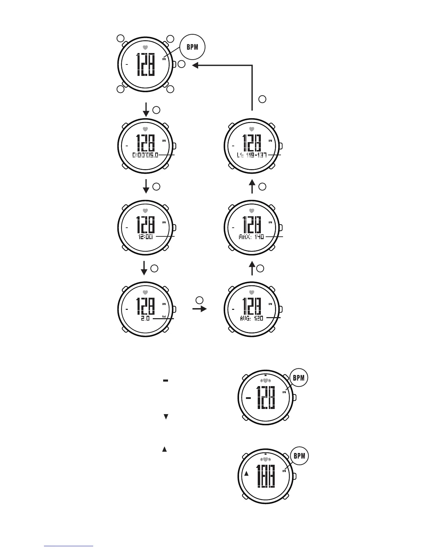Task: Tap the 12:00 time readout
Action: click(x=145, y=237)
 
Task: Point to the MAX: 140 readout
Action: click(x=251, y=237)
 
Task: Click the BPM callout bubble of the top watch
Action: click(x=192, y=47)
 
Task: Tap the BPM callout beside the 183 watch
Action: click(x=299, y=456)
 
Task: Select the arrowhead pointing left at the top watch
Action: click(x=195, y=65)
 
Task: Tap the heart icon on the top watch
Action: click(x=145, y=47)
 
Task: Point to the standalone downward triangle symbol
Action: click(x=166, y=417)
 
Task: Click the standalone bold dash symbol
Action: click(x=165, y=381)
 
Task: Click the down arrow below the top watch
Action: click(x=146, y=110)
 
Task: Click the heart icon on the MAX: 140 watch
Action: click(x=252, y=210)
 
